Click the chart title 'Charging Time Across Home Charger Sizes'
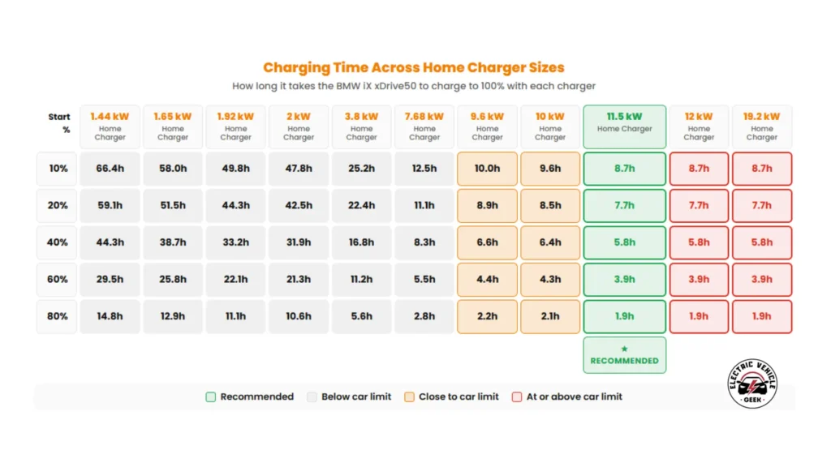(414, 67)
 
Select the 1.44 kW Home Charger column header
(110, 126)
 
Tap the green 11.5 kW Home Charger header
(624, 126)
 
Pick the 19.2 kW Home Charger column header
(761, 126)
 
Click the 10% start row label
(57, 169)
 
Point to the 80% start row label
(57, 316)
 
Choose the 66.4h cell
(110, 169)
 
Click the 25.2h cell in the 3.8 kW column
(361, 169)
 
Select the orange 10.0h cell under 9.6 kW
(487, 169)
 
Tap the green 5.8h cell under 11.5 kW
(624, 242)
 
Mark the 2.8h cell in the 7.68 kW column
(424, 316)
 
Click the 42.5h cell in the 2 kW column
(299, 205)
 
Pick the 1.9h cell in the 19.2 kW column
(761, 316)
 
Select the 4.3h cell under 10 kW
(550, 279)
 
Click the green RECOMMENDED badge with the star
(624, 355)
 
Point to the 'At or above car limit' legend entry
(567, 396)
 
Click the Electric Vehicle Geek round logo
(752, 383)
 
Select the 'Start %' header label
(58, 123)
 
